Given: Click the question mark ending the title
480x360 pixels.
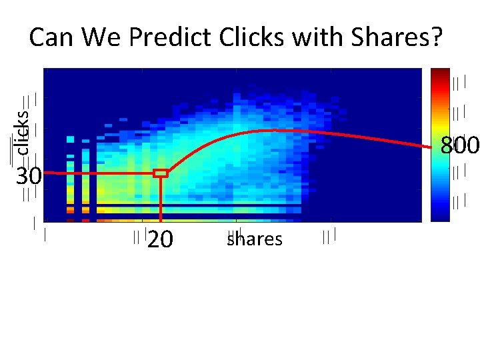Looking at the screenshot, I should coord(435,38).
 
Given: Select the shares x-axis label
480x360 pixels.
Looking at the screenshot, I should coord(254,239).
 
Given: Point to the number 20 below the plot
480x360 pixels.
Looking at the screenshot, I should coord(160,239).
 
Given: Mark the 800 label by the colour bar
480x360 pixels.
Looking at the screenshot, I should coord(459,145).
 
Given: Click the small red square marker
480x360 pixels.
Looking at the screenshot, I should coord(161,173).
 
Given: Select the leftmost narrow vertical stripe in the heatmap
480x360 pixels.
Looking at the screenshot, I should coord(71,177).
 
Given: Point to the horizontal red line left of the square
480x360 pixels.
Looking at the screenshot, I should coord(100,174).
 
